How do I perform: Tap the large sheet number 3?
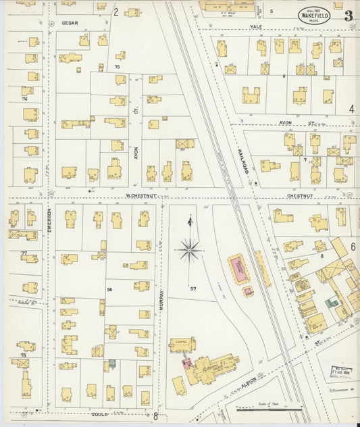347,16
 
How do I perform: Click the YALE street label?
255,27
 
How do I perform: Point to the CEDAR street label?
70,22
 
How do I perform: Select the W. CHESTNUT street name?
141,197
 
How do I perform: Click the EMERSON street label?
49,228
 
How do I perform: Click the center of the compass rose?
190,250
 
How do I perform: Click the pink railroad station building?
238,269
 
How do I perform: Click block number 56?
109,288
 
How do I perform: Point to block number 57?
193,288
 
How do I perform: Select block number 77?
24,253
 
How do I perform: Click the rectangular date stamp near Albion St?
342,372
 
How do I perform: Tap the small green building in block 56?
111,363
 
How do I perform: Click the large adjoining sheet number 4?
351,108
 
